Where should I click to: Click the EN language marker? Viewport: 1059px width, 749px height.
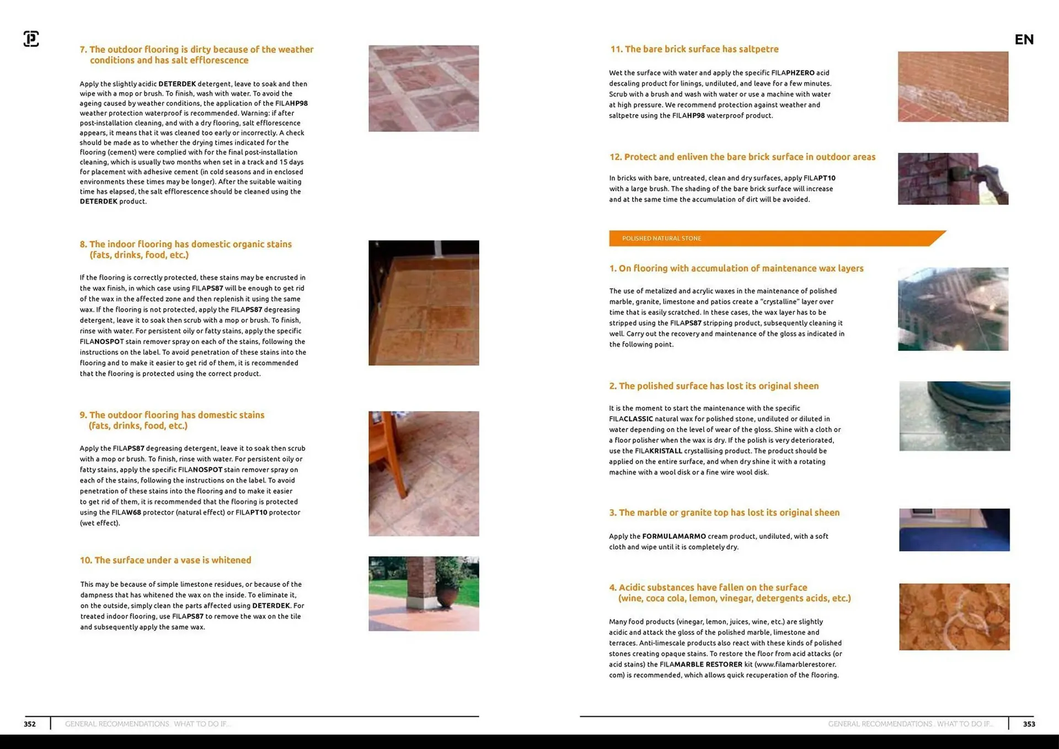[1024, 39]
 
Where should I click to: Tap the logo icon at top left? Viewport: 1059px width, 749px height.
[31, 39]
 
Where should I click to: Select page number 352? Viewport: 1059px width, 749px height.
[30, 724]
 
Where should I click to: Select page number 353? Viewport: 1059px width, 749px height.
[1029, 724]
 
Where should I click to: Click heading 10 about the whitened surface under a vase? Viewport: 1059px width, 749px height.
[165, 560]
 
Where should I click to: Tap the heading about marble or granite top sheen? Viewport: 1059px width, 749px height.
[724, 512]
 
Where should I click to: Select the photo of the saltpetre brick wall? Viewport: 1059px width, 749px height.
[953, 87]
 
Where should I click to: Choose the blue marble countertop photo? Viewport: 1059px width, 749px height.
[954, 529]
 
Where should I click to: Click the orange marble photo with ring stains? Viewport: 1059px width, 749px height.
[954, 617]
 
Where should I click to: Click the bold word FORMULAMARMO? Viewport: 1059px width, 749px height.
[674, 536]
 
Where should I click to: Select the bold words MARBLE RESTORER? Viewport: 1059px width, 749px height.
[708, 664]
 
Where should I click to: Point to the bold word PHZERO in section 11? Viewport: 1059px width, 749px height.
[800, 73]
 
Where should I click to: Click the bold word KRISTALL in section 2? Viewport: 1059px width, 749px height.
[666, 451]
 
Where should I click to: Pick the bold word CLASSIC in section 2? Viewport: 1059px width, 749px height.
[638, 419]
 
